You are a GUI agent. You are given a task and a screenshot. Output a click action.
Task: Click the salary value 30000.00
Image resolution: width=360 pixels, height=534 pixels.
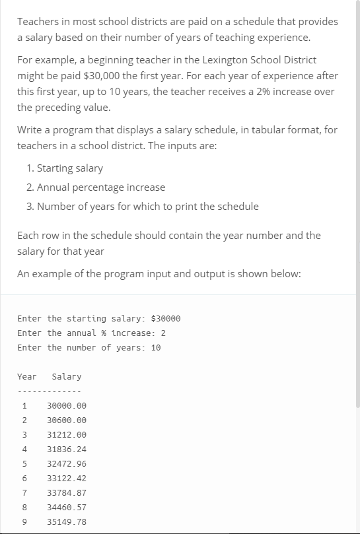[67, 406]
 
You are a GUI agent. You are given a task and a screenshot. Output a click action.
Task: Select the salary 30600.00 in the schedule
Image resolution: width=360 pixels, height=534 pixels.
[67, 420]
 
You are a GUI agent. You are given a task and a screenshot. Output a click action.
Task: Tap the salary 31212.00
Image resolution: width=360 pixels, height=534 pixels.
[67, 435]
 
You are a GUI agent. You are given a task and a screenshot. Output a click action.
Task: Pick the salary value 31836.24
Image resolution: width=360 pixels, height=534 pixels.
[67, 450]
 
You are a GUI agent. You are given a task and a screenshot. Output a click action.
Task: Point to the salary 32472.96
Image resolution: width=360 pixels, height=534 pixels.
[67, 464]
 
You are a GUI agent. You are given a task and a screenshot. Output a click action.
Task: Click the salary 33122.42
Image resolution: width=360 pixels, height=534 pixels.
[67, 479]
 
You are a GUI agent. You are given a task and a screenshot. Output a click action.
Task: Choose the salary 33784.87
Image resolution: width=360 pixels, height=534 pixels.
[67, 493]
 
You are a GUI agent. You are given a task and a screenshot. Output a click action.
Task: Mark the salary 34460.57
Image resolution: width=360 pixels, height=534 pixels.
[67, 508]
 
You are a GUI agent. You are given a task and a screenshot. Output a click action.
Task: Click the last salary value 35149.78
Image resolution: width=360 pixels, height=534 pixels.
[67, 522]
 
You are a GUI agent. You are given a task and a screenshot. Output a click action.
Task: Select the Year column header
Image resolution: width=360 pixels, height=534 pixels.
[26, 377]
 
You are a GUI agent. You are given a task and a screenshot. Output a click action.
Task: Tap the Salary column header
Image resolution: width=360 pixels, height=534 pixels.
[66, 377]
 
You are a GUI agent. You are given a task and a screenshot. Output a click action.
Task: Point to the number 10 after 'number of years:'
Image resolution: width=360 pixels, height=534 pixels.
[156, 348]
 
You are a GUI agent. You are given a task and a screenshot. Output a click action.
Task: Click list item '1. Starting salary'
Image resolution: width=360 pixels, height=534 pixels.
[65, 168]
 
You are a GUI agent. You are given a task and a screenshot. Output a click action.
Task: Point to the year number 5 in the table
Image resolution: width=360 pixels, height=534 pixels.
[24, 464]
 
